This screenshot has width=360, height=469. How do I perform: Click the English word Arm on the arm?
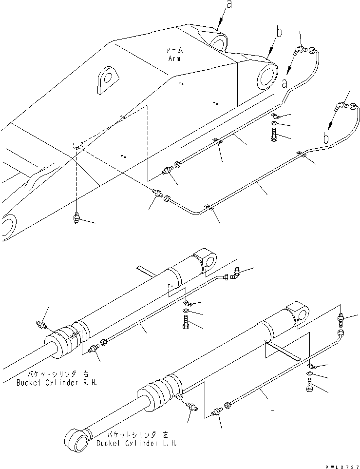[x=173, y=59]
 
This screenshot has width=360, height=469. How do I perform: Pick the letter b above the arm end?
[x=278, y=33]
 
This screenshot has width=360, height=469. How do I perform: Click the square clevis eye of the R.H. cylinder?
[x=207, y=260]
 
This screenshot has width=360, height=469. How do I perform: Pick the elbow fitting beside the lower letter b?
[x=341, y=104]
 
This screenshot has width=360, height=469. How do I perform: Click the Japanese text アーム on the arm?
[x=173, y=50]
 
